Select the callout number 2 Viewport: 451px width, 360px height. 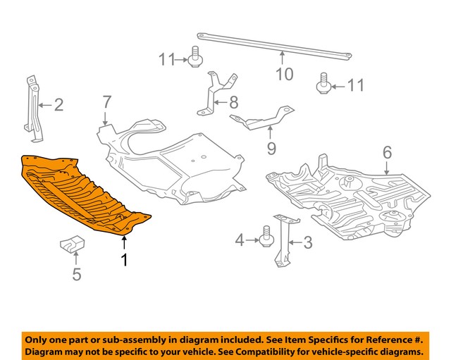pyautogui.click(x=58, y=106)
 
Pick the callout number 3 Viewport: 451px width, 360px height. pyautogui.click(x=307, y=244)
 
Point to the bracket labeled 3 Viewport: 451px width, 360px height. pyautogui.click(x=284, y=240)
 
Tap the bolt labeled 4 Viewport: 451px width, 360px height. pyautogui.click(x=266, y=237)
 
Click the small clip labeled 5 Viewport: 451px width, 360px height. pyautogui.click(x=70, y=246)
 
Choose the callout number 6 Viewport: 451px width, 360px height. pyautogui.click(x=387, y=151)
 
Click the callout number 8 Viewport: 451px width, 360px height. pyautogui.click(x=233, y=103)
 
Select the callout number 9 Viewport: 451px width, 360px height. pyautogui.click(x=271, y=148)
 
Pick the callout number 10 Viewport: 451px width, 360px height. pyautogui.click(x=283, y=73)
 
